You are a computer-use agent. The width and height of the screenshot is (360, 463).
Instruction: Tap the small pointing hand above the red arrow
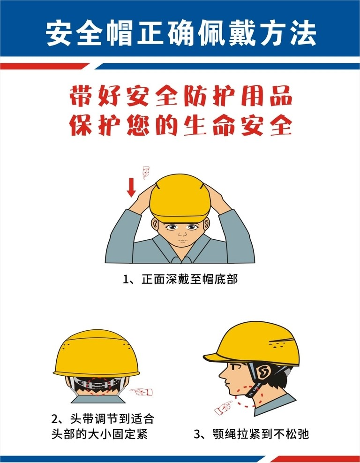146,173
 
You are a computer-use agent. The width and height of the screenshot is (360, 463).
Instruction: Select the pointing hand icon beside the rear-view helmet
142,392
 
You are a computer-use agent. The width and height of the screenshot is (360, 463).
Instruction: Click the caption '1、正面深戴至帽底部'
180,279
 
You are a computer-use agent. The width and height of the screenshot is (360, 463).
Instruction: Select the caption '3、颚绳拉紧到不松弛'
251,434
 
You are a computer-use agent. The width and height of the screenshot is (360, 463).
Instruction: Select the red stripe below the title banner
44,66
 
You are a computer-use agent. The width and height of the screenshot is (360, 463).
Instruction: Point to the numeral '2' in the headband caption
55,419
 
